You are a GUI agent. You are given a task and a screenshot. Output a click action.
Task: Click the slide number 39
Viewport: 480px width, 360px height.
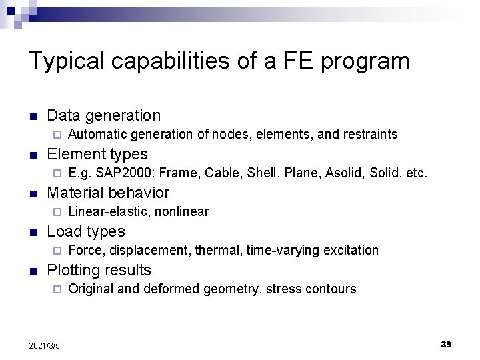(x=446, y=344)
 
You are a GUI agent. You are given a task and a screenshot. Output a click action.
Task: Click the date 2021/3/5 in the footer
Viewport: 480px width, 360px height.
(x=45, y=345)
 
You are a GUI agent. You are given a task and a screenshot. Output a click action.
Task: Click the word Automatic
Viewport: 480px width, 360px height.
(x=98, y=135)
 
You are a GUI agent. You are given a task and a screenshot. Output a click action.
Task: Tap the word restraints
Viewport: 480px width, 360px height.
(x=370, y=135)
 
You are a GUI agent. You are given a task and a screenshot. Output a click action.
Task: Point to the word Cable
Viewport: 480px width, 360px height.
(x=223, y=173)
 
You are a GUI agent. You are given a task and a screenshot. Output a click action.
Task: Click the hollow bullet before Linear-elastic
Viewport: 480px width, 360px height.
(x=57, y=213)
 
